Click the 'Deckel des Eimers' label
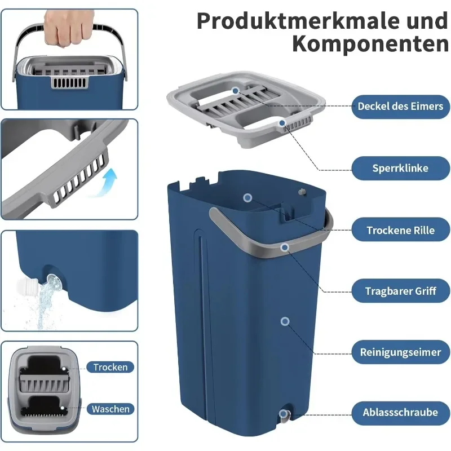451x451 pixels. pyautogui.click(x=400, y=107)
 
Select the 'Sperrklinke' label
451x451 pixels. pyautogui.click(x=400, y=168)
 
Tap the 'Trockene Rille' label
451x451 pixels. pyautogui.click(x=400, y=230)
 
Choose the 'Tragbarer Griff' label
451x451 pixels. pyautogui.click(x=400, y=291)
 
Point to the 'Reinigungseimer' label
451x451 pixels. pyautogui.click(x=400, y=352)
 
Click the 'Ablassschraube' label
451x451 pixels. pyautogui.click(x=400, y=413)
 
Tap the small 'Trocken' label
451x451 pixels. pyautogui.click(x=110, y=368)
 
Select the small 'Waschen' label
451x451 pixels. pyautogui.click(x=110, y=409)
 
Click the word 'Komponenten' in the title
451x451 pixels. pyautogui.click(x=370, y=44)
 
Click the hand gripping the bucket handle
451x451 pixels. pyautogui.click(x=68, y=28)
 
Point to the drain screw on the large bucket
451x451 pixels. pyautogui.click(x=284, y=415)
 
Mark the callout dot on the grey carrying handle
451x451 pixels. pyautogui.click(x=285, y=247)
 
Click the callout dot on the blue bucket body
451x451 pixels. pyautogui.click(x=285, y=321)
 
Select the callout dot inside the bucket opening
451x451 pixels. pyautogui.click(x=247, y=198)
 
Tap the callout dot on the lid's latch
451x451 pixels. pyautogui.click(x=282, y=123)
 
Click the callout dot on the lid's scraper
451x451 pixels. pyautogui.click(x=236, y=91)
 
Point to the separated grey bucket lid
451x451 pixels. pyautogui.click(x=246, y=109)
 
